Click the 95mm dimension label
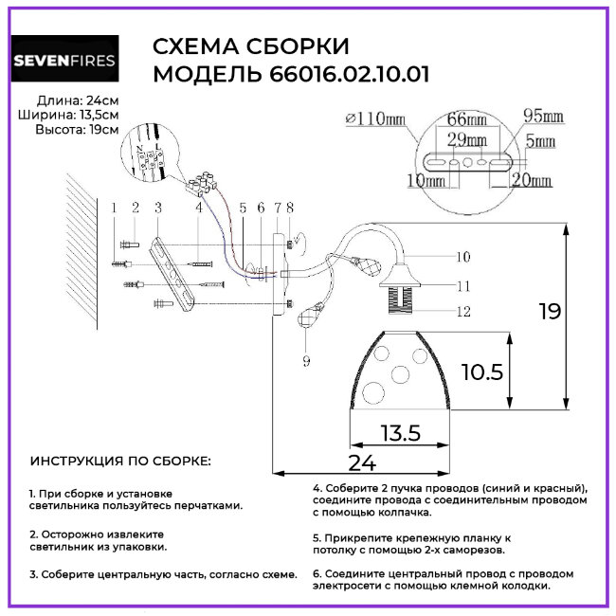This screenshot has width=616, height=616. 543,117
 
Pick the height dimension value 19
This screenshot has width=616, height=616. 548,310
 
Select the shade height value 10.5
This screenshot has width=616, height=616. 482,371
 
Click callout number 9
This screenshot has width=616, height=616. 305,359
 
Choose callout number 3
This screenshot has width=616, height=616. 157,207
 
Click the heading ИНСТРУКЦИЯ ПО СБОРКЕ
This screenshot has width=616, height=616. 121,461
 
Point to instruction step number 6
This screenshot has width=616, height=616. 317,573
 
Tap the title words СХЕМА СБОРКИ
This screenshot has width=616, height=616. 251,48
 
